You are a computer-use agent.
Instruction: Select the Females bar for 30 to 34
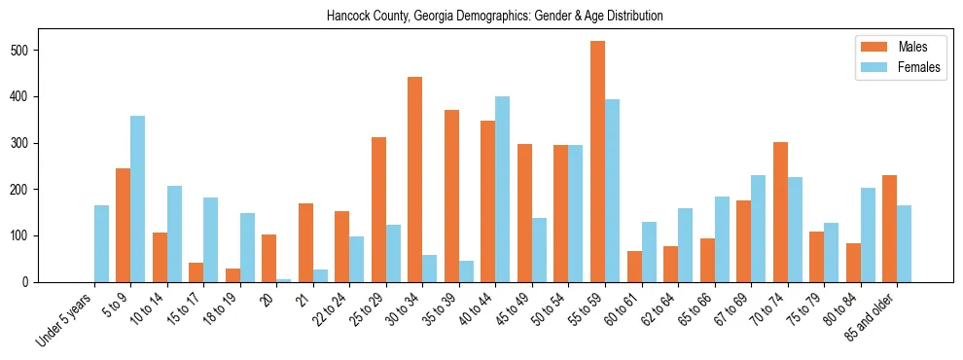pyautogui.click(x=430, y=269)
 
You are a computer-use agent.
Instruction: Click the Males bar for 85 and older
pyautogui.click(x=889, y=229)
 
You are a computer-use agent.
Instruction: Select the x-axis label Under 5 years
pyautogui.click(x=66, y=318)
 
